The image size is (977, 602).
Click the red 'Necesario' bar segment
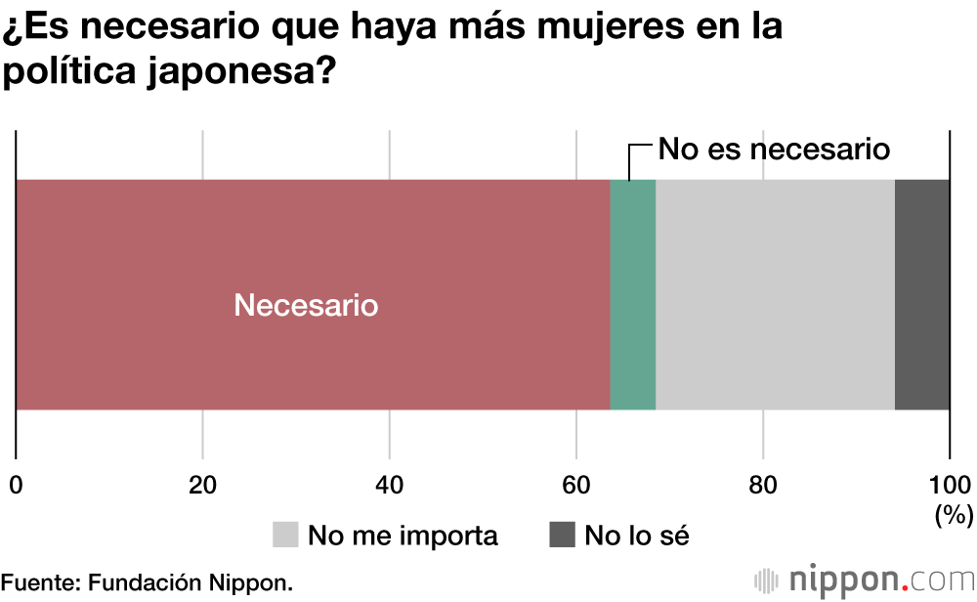[313, 244]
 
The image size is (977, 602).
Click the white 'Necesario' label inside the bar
[306, 306]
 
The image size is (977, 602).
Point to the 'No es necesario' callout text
[774, 150]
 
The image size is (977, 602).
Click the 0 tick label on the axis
[16, 485]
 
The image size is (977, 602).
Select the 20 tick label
[202, 485]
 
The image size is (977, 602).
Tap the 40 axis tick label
[390, 485]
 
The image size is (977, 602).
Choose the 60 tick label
[576, 485]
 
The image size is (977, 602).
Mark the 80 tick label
[763, 485]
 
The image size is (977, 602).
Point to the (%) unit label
[952, 513]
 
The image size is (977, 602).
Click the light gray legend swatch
[285, 535]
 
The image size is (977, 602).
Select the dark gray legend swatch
[562, 535]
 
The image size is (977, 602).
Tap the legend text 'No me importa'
[403, 536]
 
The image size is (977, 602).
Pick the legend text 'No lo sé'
[637, 536]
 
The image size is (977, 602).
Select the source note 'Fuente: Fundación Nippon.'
[147, 582]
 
